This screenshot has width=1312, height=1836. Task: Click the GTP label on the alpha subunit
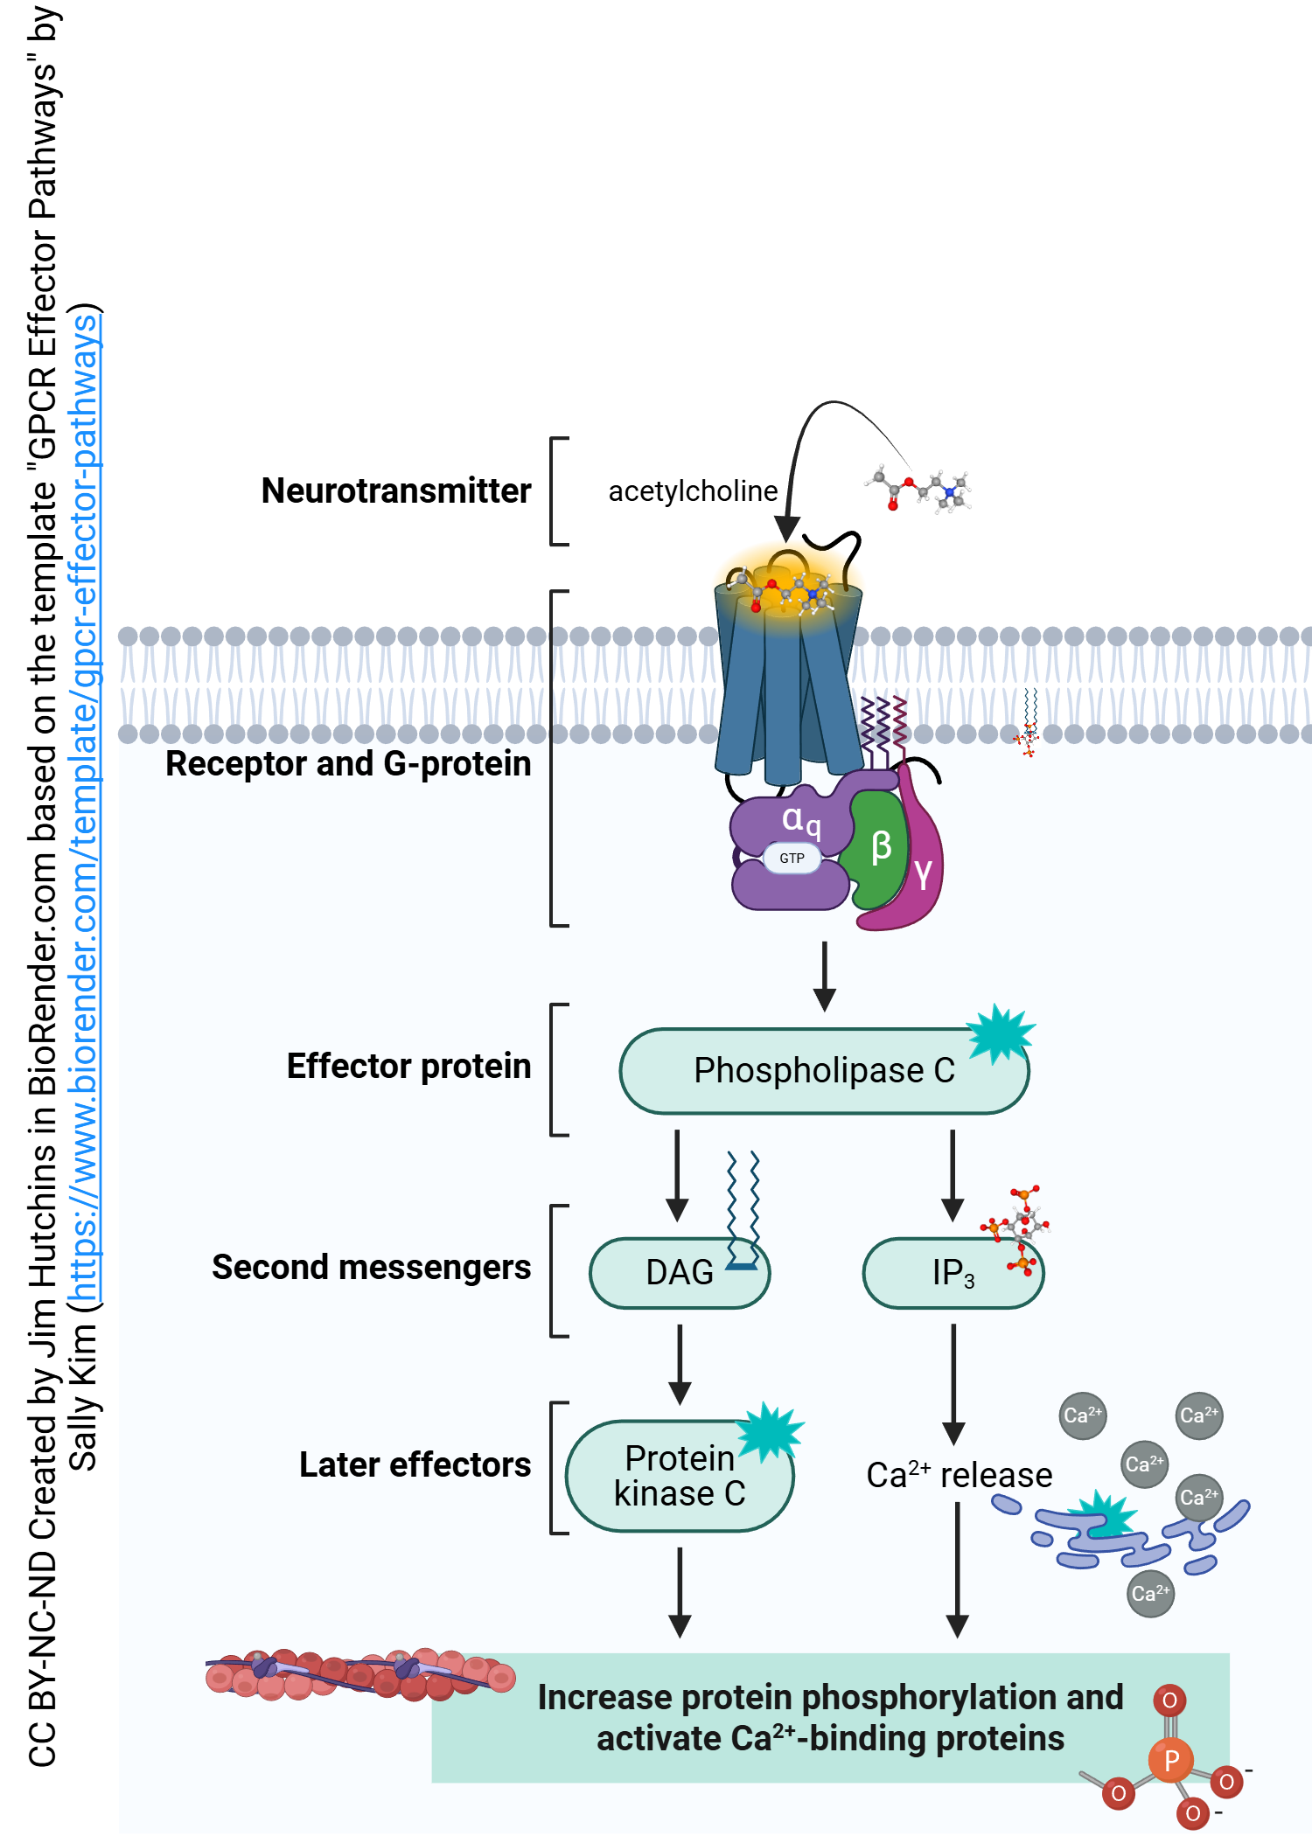(792, 859)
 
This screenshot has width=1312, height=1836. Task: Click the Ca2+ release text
(959, 1476)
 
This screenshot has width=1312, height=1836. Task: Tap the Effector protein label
(408, 1067)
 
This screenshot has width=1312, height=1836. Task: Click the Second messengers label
(371, 1268)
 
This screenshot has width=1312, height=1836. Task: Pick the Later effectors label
(415, 1465)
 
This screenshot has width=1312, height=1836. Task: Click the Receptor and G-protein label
(348, 764)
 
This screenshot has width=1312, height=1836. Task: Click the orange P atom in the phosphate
(1171, 1760)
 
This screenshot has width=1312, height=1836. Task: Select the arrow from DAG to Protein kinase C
(680, 1364)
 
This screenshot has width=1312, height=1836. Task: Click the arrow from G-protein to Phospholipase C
(824, 976)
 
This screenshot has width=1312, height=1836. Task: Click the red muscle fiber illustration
(359, 1673)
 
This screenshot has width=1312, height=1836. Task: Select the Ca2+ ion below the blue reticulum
(1149, 1593)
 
